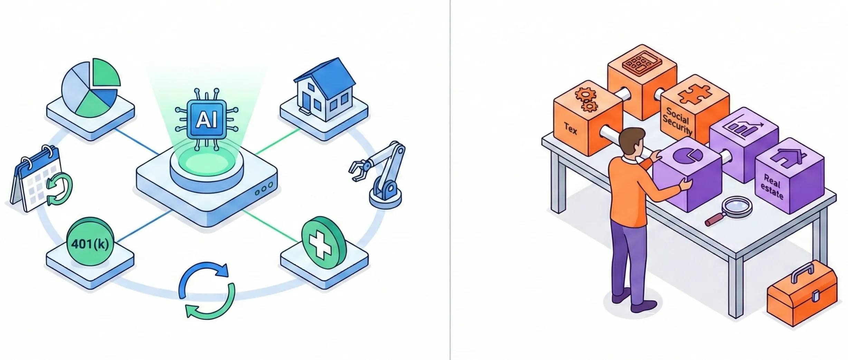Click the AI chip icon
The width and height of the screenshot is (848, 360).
click(207, 120)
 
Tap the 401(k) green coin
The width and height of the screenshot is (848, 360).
click(90, 243)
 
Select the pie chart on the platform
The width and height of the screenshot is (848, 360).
click(91, 88)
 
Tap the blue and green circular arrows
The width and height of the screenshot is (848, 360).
click(207, 290)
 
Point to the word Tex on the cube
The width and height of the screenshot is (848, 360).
click(570, 129)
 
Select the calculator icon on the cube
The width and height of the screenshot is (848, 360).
click(641, 63)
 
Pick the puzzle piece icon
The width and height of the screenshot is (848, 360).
click(695, 94)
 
